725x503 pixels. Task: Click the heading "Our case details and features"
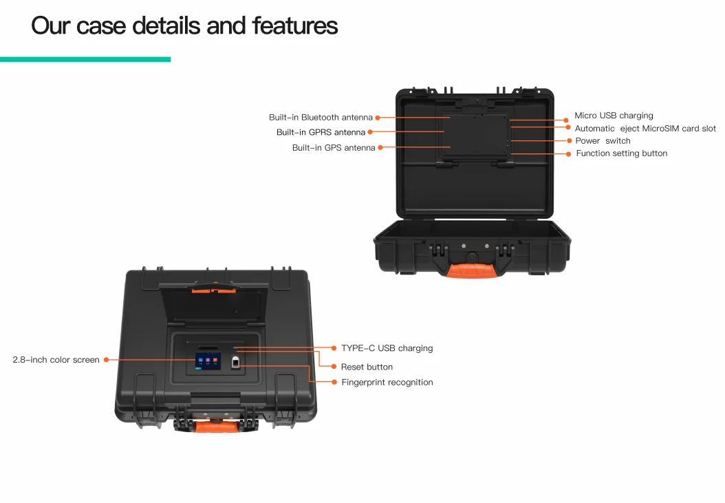pyautogui.click(x=184, y=26)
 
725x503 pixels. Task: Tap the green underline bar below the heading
pyautogui.click(x=85, y=60)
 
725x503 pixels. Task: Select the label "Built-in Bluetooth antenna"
pyautogui.click(x=321, y=118)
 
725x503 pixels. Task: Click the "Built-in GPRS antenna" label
pyautogui.click(x=321, y=132)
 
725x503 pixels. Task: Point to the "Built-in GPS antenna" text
pyautogui.click(x=334, y=148)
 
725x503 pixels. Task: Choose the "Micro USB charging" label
pyautogui.click(x=614, y=116)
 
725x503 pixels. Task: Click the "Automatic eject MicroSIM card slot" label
pyautogui.click(x=645, y=129)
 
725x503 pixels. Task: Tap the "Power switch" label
pyautogui.click(x=603, y=141)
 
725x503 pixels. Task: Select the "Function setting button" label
pyautogui.click(x=621, y=153)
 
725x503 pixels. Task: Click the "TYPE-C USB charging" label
pyautogui.click(x=387, y=348)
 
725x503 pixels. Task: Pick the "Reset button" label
pyautogui.click(x=367, y=367)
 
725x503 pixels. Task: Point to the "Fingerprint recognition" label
pyautogui.click(x=387, y=383)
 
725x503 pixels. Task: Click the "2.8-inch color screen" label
pyautogui.click(x=56, y=360)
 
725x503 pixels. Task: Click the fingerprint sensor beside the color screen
pyautogui.click(x=235, y=364)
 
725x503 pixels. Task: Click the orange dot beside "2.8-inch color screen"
pyautogui.click(x=106, y=360)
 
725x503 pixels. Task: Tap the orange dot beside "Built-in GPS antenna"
pyautogui.click(x=380, y=147)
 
